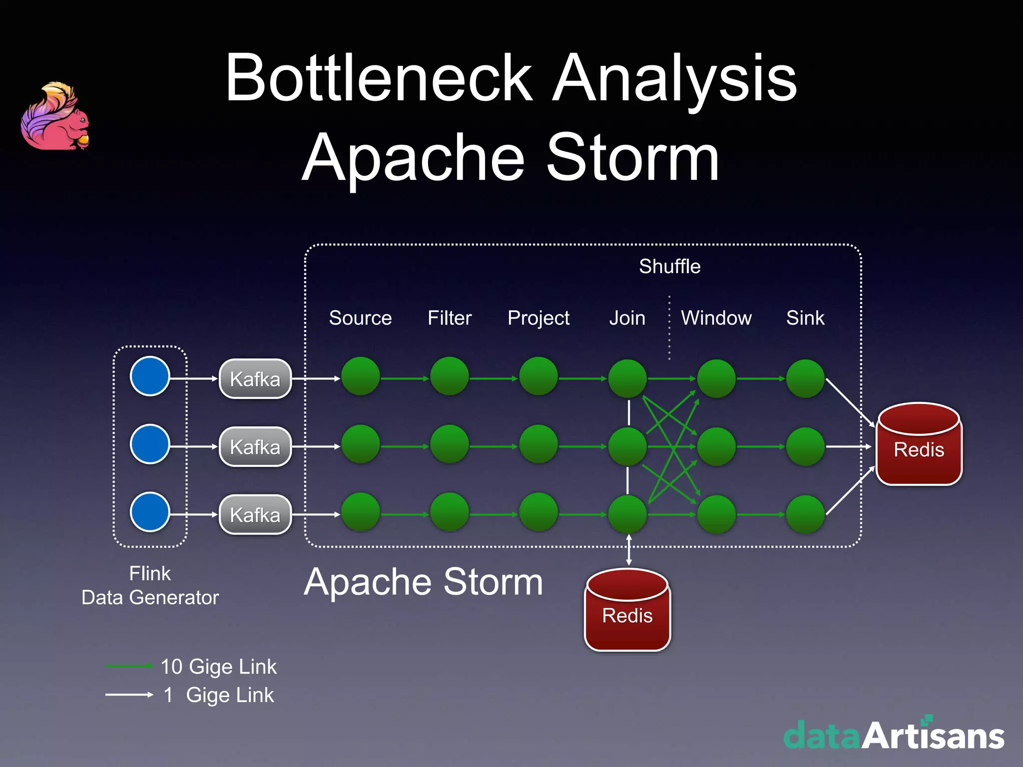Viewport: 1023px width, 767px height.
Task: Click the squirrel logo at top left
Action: coord(55,116)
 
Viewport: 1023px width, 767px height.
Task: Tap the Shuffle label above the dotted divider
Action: coord(669,266)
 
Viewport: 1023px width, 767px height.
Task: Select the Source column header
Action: coord(360,318)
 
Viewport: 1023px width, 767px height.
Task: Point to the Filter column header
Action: coord(449,318)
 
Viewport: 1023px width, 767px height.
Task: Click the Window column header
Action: coord(716,318)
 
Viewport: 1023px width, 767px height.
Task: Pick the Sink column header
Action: coord(805,318)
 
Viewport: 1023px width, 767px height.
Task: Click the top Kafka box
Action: coord(255,379)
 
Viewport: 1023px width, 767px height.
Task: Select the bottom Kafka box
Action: coord(255,515)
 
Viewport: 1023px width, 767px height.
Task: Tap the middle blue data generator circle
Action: coord(150,444)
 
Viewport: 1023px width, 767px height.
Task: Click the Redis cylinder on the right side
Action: coord(919,444)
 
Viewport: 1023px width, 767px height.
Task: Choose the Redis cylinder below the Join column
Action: coord(627,610)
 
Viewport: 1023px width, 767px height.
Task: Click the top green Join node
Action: coord(627,379)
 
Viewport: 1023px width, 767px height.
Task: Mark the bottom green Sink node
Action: coord(805,514)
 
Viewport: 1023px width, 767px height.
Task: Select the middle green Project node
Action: coord(538,444)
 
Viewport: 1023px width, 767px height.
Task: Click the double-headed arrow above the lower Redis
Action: coord(628,550)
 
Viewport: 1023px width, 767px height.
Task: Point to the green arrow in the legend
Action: coord(128,666)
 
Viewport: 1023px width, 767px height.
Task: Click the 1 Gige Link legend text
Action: coord(219,695)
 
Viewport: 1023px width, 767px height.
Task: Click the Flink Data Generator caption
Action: coord(150,585)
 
